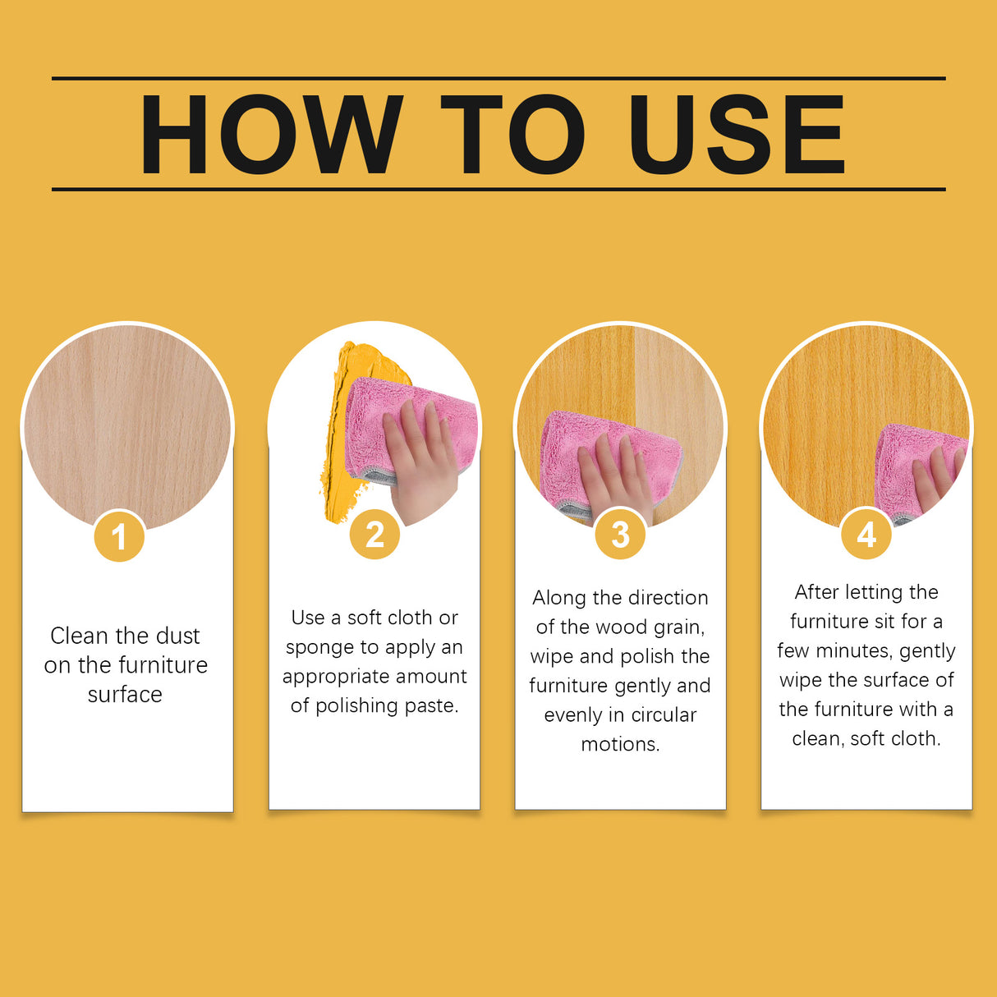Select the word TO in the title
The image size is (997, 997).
[x=512, y=135]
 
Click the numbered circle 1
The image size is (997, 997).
[x=120, y=537]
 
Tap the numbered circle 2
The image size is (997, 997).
[x=374, y=535]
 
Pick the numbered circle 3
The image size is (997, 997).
[x=621, y=535]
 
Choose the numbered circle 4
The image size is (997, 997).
[x=866, y=535]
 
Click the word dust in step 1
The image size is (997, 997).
[x=177, y=636]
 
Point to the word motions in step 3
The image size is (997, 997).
[x=620, y=745]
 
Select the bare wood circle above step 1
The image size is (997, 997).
[x=127, y=423]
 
